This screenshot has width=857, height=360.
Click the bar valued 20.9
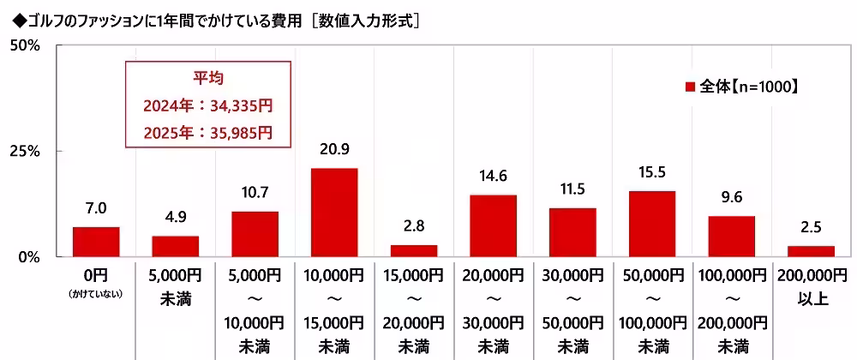pyautogui.click(x=334, y=212)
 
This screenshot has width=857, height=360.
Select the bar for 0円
pyautogui.click(x=96, y=242)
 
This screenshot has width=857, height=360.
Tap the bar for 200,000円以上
pyautogui.click(x=811, y=251)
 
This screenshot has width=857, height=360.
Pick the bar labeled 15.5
pyautogui.click(x=652, y=224)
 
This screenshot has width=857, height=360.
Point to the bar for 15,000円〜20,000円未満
pyautogui.click(x=414, y=250)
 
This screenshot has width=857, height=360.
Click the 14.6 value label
pyautogui.click(x=493, y=177)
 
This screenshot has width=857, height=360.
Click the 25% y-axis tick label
pyautogui.click(x=25, y=151)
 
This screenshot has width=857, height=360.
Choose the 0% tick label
pyautogui.click(x=29, y=256)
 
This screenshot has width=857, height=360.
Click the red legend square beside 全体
pyautogui.click(x=690, y=87)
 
